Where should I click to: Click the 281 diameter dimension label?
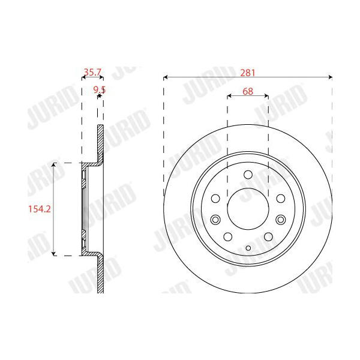tap(247, 73)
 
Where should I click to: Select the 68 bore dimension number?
tap(248, 91)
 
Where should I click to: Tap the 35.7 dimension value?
tap(92, 72)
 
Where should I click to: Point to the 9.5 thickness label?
tap(100, 90)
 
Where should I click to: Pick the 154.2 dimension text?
tap(39, 209)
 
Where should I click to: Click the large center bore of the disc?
tap(248, 208)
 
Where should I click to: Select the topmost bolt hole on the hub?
tap(248, 175)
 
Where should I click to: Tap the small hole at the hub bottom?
tap(248, 248)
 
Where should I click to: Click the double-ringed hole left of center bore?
tap(215, 220)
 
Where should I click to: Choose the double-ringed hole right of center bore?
tap(281, 220)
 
